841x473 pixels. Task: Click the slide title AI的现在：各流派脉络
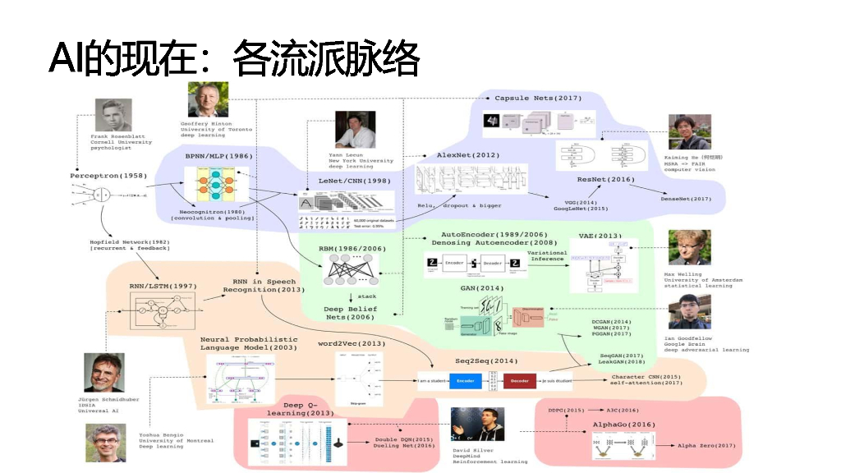[x=234, y=59]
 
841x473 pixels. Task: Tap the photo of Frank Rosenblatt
[x=113, y=116]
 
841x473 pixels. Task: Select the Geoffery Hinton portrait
[x=208, y=100]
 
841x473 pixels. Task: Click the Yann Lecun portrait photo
[x=355, y=130]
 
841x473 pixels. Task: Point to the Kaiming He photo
[x=688, y=131]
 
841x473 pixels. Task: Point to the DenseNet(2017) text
[x=686, y=198]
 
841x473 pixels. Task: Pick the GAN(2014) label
[x=481, y=288]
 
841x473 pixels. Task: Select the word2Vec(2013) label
[x=351, y=343]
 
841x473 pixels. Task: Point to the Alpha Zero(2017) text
[x=706, y=445]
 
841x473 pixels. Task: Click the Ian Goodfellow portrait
[x=688, y=311]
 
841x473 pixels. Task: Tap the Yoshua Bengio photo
[x=105, y=443]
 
